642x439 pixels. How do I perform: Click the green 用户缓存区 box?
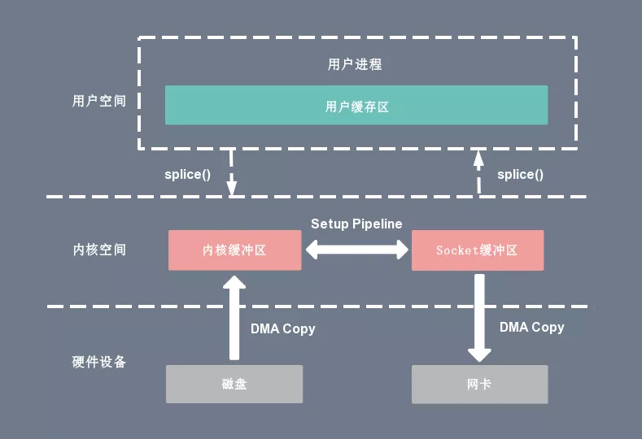tap(356, 106)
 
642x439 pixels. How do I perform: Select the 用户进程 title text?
tap(355, 64)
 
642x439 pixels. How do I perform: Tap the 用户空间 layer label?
tap(99, 102)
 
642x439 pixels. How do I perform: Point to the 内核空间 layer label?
tap(99, 250)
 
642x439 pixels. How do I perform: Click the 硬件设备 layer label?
tap(99, 362)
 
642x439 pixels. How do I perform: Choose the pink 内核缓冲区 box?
tap(234, 250)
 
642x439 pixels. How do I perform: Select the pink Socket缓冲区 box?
tap(478, 250)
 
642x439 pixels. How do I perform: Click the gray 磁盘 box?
tap(234, 384)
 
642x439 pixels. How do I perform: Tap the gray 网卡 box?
tap(479, 384)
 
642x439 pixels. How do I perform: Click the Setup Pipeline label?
tap(356, 224)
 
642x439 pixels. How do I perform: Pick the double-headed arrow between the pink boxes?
tap(356, 250)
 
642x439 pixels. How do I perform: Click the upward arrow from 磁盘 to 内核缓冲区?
tap(234, 317)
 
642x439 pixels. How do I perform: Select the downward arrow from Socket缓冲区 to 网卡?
tap(479, 317)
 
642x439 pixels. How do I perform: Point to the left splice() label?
tap(188, 175)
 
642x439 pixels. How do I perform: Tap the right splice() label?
tap(520, 174)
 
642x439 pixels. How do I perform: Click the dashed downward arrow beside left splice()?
tap(232, 172)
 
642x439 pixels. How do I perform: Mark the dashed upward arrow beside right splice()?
tap(478, 172)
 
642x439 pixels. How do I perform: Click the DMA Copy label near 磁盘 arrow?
tap(282, 329)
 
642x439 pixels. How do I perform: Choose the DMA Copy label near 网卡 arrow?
tap(531, 327)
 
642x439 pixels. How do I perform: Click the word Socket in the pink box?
tap(456, 250)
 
